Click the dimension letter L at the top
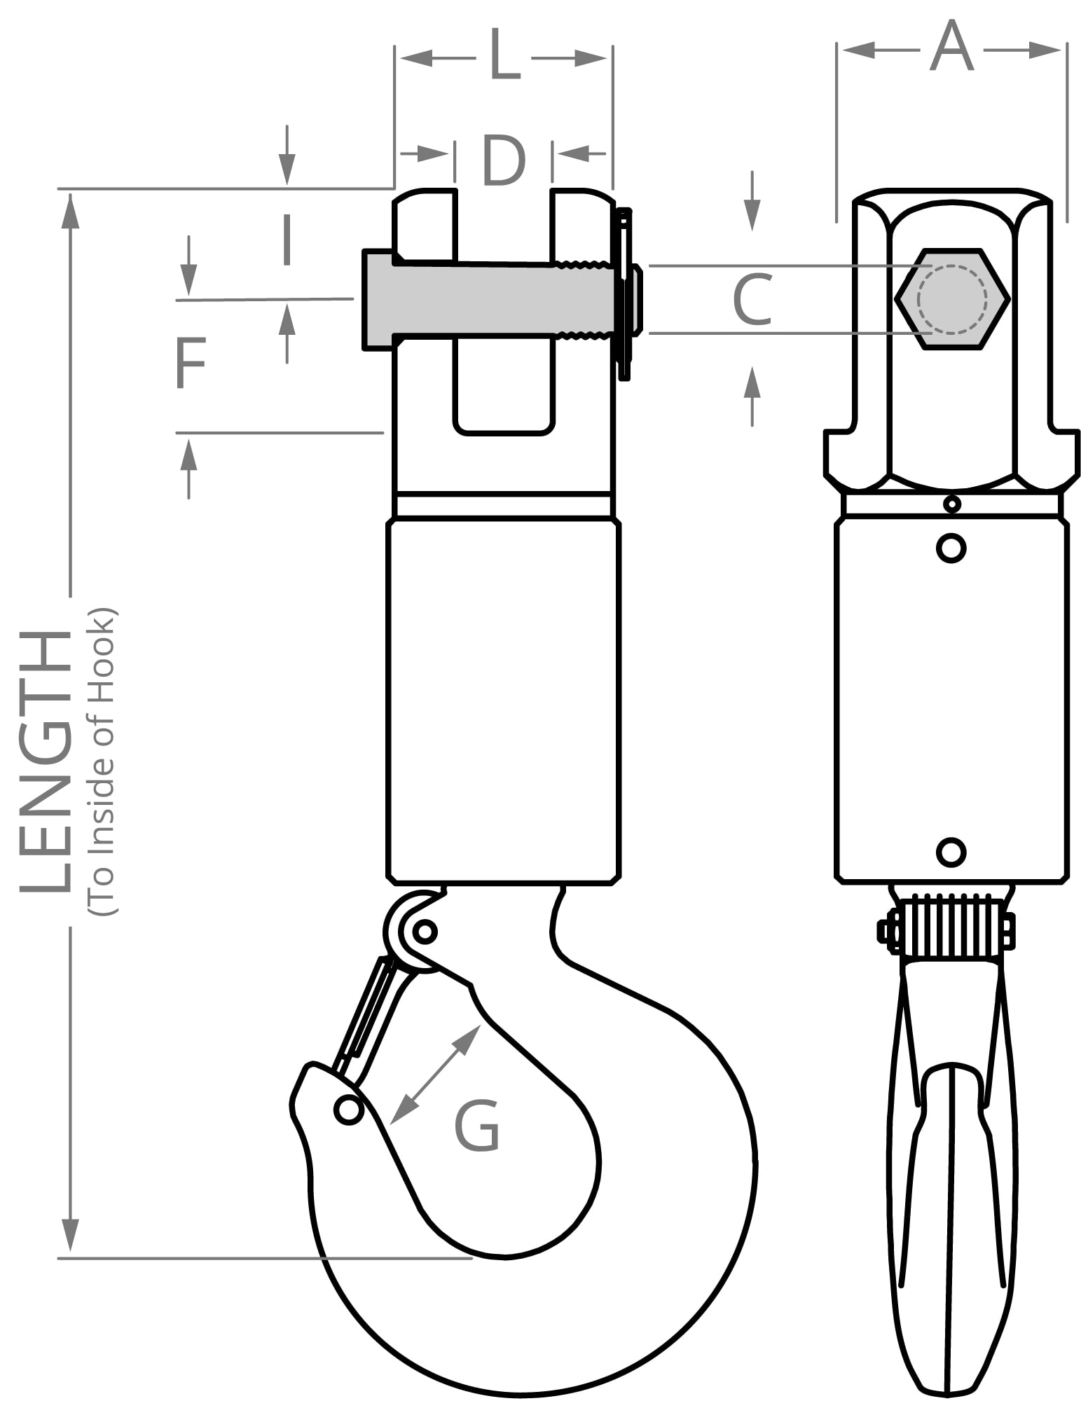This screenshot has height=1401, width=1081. tap(505, 55)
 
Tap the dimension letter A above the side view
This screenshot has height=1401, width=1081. tap(951, 46)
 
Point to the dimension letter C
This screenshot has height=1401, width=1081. tap(752, 300)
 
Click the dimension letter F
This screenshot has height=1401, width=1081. tap(190, 363)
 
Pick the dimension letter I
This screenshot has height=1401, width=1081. tap(286, 240)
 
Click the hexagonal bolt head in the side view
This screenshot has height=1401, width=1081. tap(952, 298)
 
